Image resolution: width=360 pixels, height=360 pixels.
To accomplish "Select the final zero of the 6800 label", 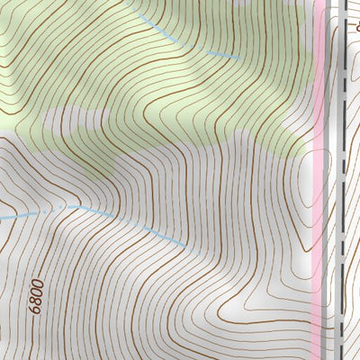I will [x=35, y=283].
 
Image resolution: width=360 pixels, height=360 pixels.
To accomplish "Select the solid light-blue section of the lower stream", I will [x=135, y=223].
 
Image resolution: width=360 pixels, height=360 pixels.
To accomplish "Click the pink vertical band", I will [x=318, y=180].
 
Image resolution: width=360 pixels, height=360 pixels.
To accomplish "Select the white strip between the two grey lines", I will [x=330, y=180].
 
